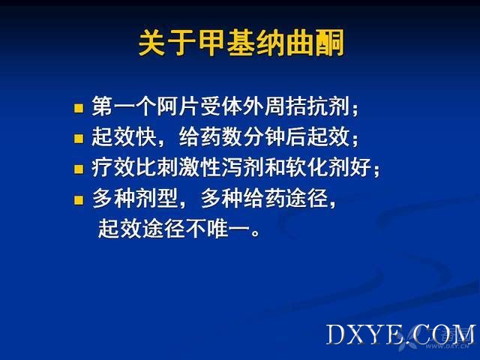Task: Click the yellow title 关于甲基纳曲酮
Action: tap(241, 43)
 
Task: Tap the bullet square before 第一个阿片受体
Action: tap(79, 108)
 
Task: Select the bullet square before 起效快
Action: tap(79, 138)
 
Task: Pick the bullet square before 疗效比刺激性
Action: tap(79, 169)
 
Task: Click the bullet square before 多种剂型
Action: tap(79, 200)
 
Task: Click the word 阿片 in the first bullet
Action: tap(178, 106)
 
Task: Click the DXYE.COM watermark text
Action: tap(400, 334)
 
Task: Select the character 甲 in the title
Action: tap(212, 43)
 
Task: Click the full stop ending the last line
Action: tap(255, 233)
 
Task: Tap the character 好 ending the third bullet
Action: tap(361, 167)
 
